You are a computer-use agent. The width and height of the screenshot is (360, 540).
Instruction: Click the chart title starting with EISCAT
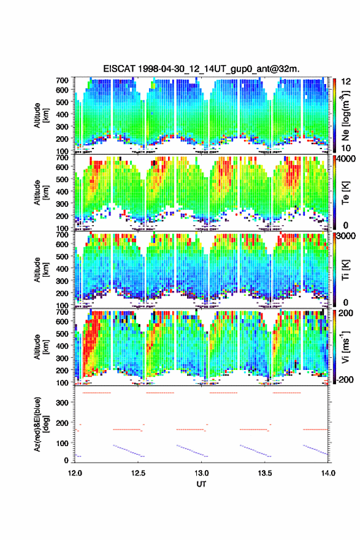(201, 69)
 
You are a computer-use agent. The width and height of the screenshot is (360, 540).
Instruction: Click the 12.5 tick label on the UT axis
(138, 473)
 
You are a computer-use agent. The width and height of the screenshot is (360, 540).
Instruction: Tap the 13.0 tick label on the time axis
(201, 473)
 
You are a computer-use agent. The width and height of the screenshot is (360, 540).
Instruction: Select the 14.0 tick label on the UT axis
(328, 473)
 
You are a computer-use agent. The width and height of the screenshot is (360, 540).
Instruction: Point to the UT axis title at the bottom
(201, 484)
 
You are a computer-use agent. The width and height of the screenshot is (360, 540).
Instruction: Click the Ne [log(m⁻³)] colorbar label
(345, 116)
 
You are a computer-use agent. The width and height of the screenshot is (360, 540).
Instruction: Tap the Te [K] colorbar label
(345, 193)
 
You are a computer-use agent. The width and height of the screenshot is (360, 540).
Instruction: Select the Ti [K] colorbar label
(345, 270)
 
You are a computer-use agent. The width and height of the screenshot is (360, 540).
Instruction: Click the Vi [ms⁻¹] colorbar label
(345, 347)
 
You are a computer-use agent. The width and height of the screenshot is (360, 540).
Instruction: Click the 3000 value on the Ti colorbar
(346, 236)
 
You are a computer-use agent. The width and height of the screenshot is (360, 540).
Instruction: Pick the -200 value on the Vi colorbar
(344, 379)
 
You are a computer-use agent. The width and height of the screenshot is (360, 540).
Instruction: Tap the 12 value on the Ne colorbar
(346, 82)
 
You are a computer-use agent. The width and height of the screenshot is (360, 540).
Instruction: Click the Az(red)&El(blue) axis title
(40, 424)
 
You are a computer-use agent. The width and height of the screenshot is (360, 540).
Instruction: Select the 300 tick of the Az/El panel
(63, 403)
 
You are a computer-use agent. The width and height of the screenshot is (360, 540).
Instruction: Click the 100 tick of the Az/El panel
(63, 443)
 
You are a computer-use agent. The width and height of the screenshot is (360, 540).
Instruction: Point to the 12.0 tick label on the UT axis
(75, 473)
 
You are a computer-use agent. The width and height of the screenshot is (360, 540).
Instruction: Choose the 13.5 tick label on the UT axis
(265, 473)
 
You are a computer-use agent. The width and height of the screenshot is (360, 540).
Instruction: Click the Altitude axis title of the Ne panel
(41, 115)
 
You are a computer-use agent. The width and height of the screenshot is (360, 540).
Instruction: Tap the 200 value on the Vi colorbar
(346, 313)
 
